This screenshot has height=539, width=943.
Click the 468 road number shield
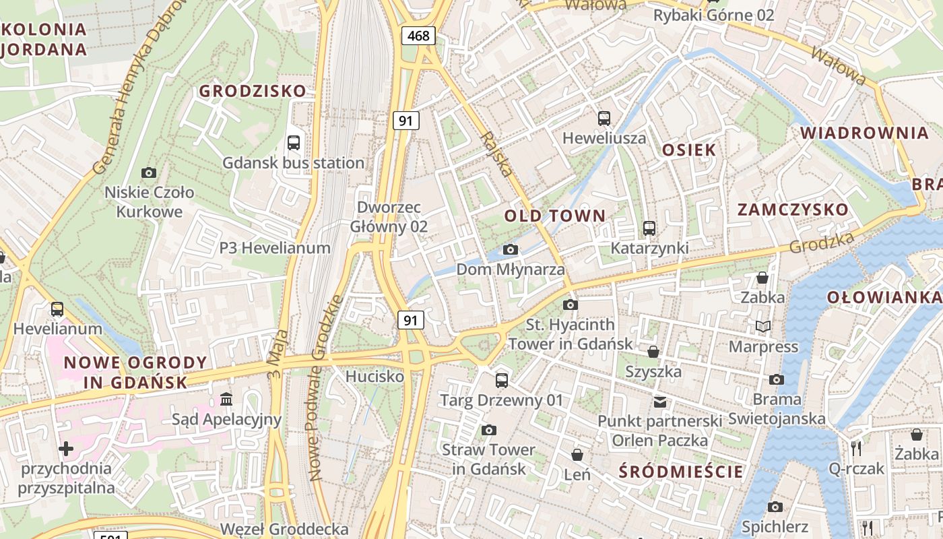pos(418,36)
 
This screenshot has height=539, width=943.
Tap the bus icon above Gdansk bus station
pos(294,142)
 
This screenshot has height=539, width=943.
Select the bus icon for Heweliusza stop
pos(604,119)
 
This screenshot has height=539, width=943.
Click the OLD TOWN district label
pos(555,216)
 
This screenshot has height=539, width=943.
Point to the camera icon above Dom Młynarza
pos(511,250)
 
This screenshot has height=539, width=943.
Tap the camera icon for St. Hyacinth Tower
pos(571,305)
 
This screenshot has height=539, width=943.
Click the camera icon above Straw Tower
pos(489,430)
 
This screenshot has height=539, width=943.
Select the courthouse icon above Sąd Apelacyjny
pos(226,400)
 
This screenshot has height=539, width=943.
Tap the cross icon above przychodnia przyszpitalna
pos(66,448)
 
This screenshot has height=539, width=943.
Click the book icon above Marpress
pos(763,327)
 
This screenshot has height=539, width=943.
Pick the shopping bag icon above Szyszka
pos(653,352)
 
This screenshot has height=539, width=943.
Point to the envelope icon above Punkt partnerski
pos(660,402)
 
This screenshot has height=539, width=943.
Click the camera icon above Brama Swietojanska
pos(777,379)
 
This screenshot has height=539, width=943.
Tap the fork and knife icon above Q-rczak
pos(856,448)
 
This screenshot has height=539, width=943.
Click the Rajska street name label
pos(496,154)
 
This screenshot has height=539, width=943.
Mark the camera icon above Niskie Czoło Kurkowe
pos(149,172)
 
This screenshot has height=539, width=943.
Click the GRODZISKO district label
pos(253,91)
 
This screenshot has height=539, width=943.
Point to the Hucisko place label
pos(375,376)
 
